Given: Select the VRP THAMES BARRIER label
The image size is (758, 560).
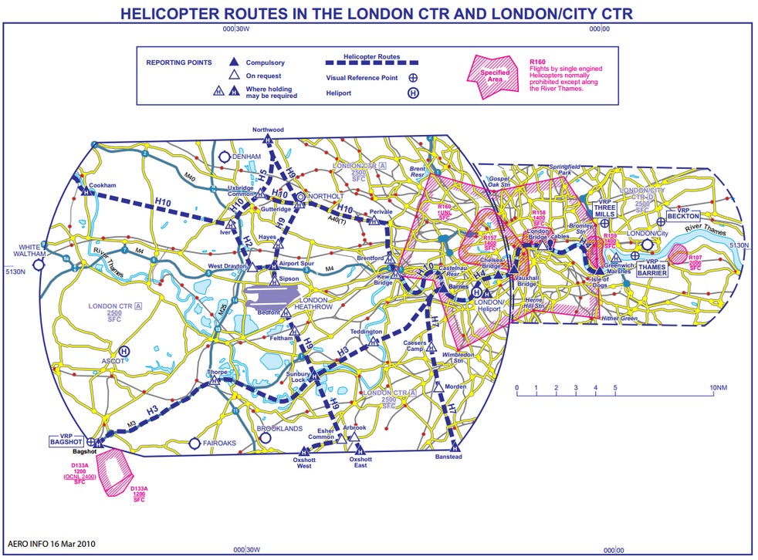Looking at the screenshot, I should (x=652, y=268).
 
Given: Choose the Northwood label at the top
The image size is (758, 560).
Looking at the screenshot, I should (x=268, y=130).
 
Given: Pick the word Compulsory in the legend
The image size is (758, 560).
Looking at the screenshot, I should (x=265, y=62).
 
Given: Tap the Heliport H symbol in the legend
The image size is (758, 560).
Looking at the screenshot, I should (x=413, y=93).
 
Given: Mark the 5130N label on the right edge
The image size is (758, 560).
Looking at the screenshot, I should (x=739, y=245).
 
